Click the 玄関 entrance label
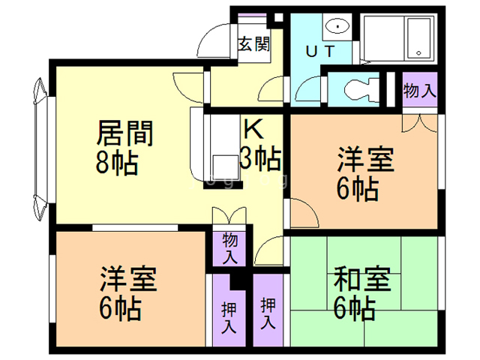pyautogui.click(x=254, y=44)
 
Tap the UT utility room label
pyautogui.click(x=320, y=51)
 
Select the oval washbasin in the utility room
pyautogui.click(x=337, y=26)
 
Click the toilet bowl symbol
pyautogui.click(x=361, y=89)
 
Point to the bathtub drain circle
pyautogui.click(x=418, y=52)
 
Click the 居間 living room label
pyautogui.click(x=125, y=133)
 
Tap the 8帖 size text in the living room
pyautogui.click(x=117, y=163)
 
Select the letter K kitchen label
pyautogui.click(x=253, y=128)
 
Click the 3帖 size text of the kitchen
pyautogui.click(x=260, y=158)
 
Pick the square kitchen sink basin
pyautogui.click(x=226, y=167)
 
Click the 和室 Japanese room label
pyautogui.click(x=362, y=279)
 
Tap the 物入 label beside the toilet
pyautogui.click(x=419, y=90)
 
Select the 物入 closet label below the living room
pyautogui.click(x=229, y=248)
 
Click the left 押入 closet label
pyautogui.click(x=229, y=317)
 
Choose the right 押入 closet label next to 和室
pyautogui.click(x=268, y=313)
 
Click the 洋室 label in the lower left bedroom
pyautogui.click(x=128, y=278)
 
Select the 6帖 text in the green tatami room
pyautogui.click(x=354, y=308)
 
